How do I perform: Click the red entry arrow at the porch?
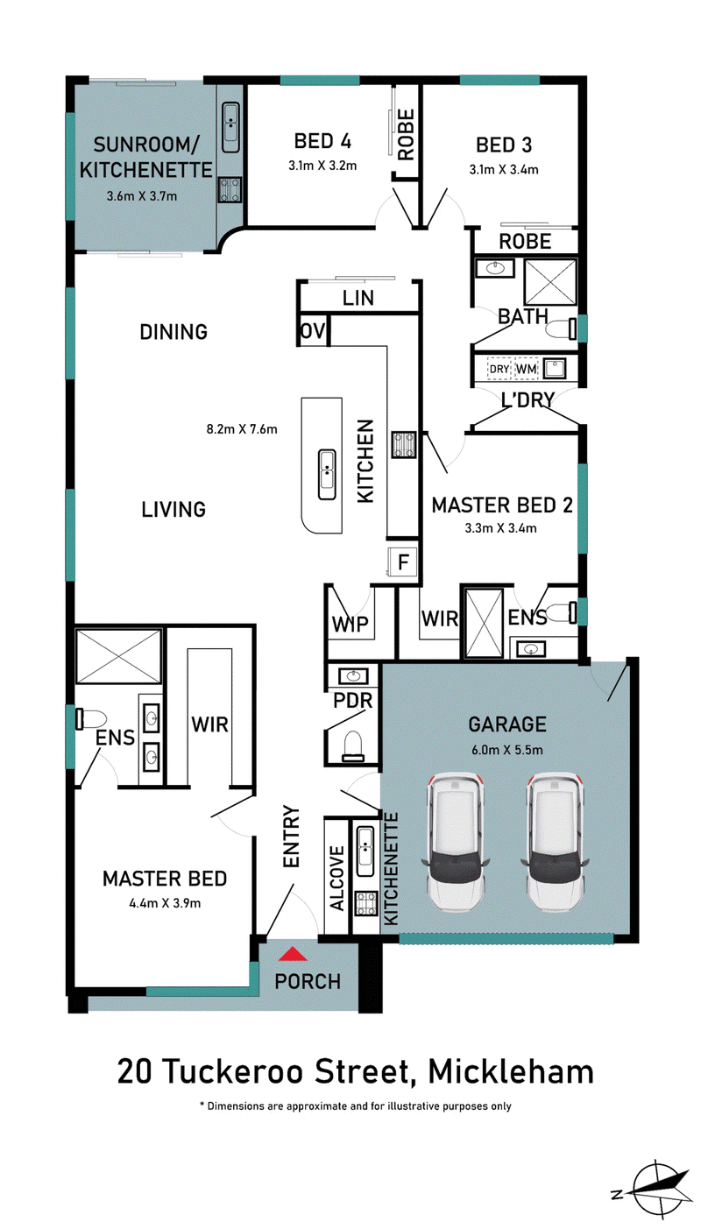pyautogui.click(x=293, y=954)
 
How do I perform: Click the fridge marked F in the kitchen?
pyautogui.click(x=403, y=562)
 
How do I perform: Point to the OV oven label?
pyautogui.click(x=313, y=331)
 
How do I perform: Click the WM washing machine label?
pyautogui.click(x=526, y=370)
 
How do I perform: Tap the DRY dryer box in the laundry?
pyautogui.click(x=499, y=370)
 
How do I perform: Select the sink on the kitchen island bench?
pyautogui.click(x=327, y=474)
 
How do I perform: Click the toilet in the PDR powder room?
pyautogui.click(x=353, y=747)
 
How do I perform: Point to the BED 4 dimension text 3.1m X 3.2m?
pyautogui.click(x=322, y=166)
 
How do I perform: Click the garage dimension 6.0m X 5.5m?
pyautogui.click(x=507, y=750)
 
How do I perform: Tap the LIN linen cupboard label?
pyautogui.click(x=358, y=299)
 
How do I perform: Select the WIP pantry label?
pyautogui.click(x=350, y=625)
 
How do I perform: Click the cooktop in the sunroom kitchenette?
pyautogui.click(x=230, y=189)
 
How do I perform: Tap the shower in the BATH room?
pyautogui.click(x=550, y=282)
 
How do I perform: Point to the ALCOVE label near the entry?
pyautogui.click(x=336, y=879)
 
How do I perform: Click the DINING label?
pyautogui.click(x=173, y=332)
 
